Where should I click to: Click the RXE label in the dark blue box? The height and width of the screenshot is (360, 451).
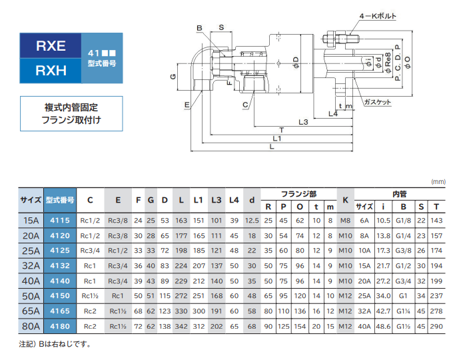pyautogui.click(x=51, y=46)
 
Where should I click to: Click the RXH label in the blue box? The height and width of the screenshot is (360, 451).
pyautogui.click(x=51, y=70)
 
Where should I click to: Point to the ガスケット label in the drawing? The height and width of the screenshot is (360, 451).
pyautogui.click(x=378, y=102)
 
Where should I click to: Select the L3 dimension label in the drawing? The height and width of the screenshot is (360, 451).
pyautogui.click(x=302, y=122)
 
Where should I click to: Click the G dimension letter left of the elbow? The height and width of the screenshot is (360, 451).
pyautogui.click(x=172, y=77)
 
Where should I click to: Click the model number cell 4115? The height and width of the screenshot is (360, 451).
pyautogui.click(x=61, y=220)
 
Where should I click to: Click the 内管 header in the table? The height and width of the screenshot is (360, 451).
pyautogui.click(x=399, y=194)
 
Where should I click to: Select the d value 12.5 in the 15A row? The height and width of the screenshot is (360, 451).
pyautogui.click(x=252, y=220)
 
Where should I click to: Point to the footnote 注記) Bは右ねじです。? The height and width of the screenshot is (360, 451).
pyautogui.click(x=55, y=345)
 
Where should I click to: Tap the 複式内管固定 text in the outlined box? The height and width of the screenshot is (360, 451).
pyautogui.click(x=74, y=107)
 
